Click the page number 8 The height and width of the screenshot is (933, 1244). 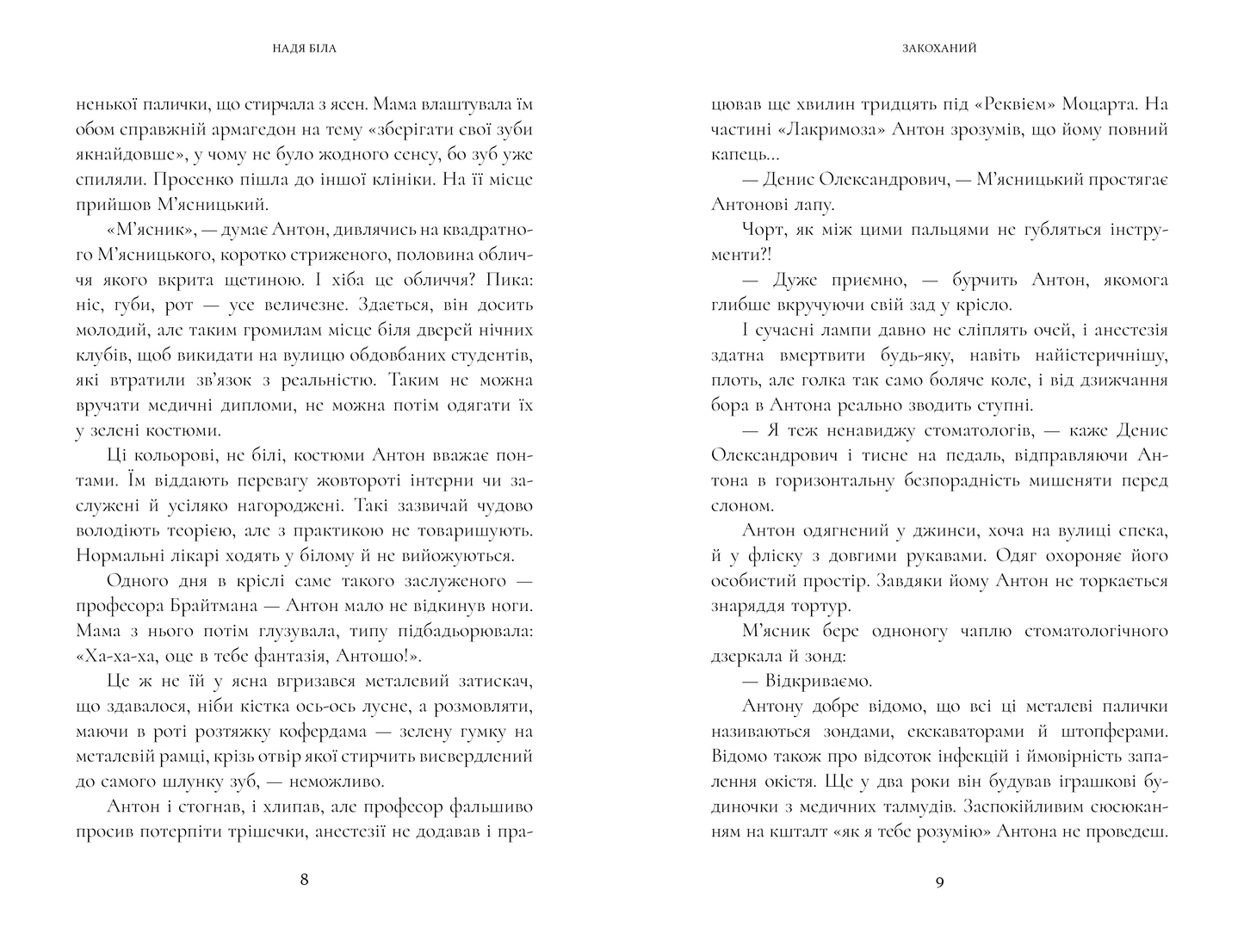tap(303, 880)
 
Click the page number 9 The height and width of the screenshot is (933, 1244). tap(939, 880)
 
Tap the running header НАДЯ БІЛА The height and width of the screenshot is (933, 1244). tap(304, 49)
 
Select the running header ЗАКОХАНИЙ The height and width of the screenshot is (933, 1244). tap(940, 49)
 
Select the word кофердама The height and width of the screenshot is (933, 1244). tap(321, 732)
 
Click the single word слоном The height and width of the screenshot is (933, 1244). tap(738, 505)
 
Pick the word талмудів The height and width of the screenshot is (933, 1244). tap(914, 807)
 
